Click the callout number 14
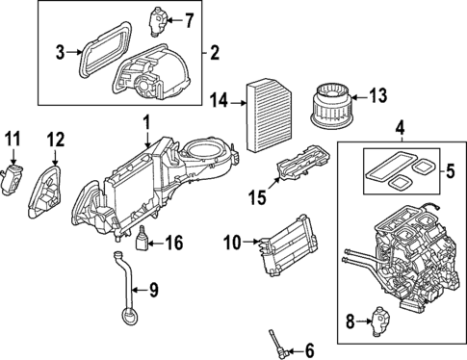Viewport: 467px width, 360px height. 220,99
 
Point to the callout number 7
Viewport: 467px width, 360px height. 189,19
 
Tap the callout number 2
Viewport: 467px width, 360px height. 215,50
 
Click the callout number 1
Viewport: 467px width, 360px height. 146,123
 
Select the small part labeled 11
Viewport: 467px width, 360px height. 13,180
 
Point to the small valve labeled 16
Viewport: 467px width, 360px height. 143,240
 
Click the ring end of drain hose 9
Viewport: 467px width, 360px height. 124,315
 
